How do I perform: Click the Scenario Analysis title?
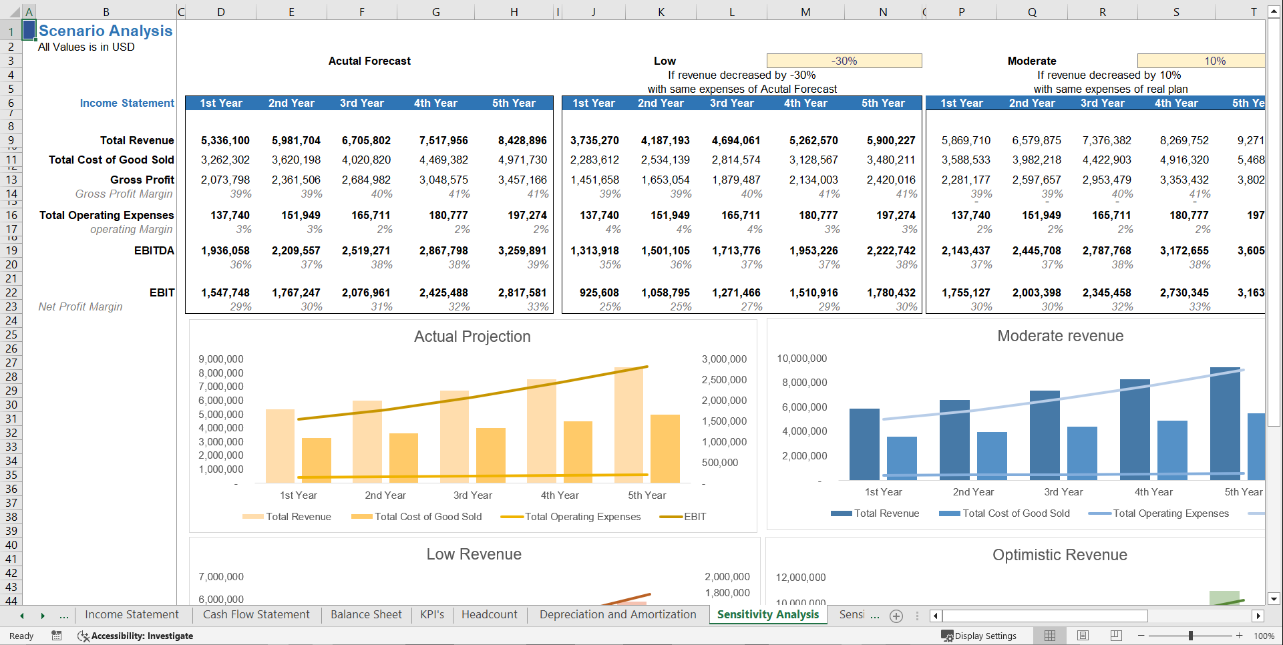point(106,31)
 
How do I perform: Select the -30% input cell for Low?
point(844,61)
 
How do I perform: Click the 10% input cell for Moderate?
point(1200,61)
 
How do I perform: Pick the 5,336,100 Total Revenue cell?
point(225,140)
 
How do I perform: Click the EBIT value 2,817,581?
point(522,292)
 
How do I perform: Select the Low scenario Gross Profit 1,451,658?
point(594,180)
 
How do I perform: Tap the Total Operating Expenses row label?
point(106,215)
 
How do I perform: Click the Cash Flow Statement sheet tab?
point(256,614)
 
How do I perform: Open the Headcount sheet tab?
point(489,614)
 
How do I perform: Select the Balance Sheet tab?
point(366,614)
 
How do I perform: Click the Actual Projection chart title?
point(472,337)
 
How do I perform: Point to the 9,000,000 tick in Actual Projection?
point(221,359)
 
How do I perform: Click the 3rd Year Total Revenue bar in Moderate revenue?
point(1045,434)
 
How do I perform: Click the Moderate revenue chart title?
point(1060,336)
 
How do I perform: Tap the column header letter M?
point(805,12)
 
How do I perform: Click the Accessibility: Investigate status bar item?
point(136,636)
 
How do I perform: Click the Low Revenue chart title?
point(474,554)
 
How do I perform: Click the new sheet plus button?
point(896,616)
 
